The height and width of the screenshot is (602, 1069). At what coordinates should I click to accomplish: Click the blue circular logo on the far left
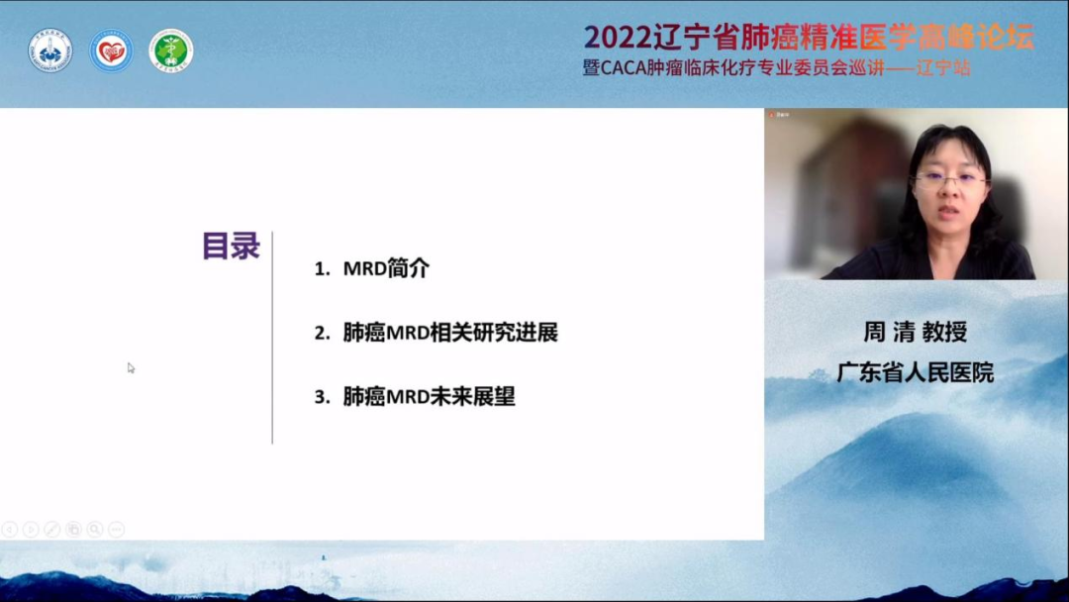coord(49,50)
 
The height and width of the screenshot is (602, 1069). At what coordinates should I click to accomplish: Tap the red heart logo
coord(111,50)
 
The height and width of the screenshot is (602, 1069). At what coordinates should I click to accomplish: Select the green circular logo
coord(171,50)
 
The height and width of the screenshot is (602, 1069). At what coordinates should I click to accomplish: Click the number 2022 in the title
coord(618,37)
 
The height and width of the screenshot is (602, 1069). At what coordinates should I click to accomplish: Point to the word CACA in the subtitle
coord(623,68)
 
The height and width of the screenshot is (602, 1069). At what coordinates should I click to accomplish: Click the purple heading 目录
coord(231,247)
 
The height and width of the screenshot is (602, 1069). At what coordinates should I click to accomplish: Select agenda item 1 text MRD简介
coord(386,268)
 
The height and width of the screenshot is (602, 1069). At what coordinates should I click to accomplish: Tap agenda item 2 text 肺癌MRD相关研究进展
coord(450,333)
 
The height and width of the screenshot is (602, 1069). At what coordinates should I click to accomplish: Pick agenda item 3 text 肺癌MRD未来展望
coord(429,397)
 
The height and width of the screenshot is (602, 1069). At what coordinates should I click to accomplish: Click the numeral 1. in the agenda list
coord(322,269)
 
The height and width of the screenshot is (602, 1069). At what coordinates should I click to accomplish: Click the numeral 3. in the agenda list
coord(322,397)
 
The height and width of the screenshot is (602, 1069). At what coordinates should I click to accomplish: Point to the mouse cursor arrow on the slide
coord(131,368)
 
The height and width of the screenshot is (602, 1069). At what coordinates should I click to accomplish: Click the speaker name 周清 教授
coord(915,332)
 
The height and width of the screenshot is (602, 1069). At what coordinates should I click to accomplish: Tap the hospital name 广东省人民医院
coord(915,372)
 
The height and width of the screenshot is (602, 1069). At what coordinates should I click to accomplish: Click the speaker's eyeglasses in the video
coord(949,181)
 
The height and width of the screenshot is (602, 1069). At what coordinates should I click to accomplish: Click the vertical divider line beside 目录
coord(272,339)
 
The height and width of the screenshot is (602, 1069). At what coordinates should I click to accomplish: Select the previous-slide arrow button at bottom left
coord(10,529)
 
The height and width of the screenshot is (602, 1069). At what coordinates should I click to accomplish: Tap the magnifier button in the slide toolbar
coord(95,529)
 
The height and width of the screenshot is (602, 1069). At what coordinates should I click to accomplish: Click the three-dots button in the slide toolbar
coord(117,529)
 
